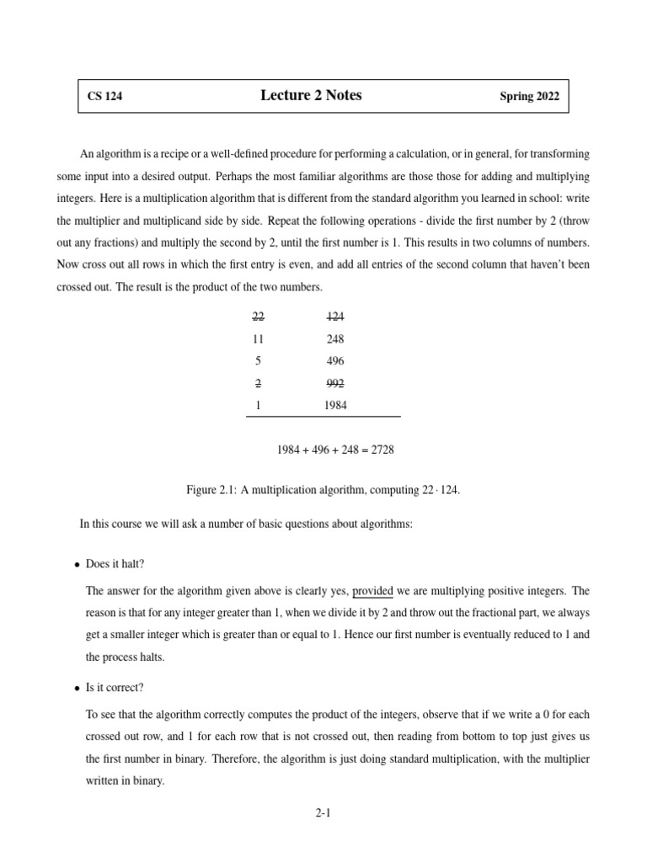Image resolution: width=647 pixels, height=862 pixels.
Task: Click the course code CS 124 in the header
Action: coord(104,97)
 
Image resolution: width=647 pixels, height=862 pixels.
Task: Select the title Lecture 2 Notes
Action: coord(311,96)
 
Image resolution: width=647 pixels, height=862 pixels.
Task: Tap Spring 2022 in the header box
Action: coord(528,97)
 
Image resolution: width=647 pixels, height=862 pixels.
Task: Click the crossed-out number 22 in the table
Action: coord(258,317)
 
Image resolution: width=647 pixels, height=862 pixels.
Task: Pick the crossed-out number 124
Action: coord(334,317)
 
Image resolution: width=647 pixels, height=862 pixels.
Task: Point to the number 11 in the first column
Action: coord(258,339)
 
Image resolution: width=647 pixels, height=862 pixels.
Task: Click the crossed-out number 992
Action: coord(334,383)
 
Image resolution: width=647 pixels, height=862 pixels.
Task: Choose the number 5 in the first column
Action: coord(258,361)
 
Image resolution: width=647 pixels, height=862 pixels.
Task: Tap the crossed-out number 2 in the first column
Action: coord(258,383)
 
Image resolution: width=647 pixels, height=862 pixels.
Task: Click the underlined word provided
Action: coord(372,591)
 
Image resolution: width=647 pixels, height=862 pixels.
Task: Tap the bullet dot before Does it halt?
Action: coord(77,565)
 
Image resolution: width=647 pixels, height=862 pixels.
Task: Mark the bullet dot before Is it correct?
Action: coord(77,689)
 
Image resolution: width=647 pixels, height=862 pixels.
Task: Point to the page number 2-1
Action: coord(323,813)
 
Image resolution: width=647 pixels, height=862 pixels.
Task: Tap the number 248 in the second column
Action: coord(334,339)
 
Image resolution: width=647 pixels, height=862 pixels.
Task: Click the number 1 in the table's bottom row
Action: coord(258,405)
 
